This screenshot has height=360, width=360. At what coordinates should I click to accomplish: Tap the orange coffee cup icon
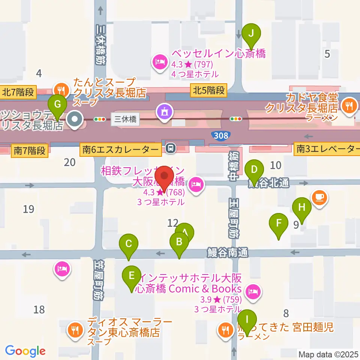tap(320, 197)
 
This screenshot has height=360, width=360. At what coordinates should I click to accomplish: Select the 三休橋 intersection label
tap(125, 120)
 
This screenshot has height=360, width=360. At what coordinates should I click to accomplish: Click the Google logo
tap(25, 351)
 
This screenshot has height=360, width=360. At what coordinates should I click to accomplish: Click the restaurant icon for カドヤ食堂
tap(349, 104)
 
